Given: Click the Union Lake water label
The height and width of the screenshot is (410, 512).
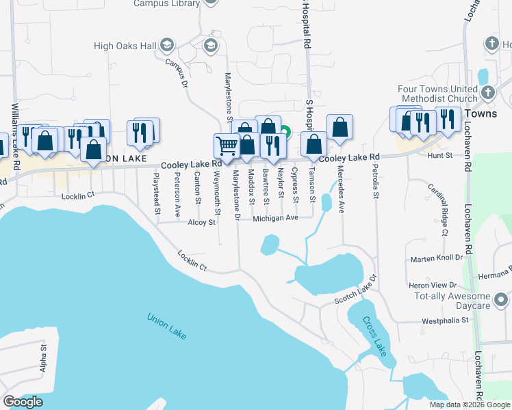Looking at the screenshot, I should [167, 327].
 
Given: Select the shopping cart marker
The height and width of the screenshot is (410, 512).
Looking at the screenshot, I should [226, 145].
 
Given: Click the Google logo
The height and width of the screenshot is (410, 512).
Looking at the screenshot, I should [23, 402].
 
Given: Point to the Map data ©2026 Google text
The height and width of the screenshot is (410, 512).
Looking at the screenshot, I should [469, 405].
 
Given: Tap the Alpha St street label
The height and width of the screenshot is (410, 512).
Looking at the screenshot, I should [42, 357].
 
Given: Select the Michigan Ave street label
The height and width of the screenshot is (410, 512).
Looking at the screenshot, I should [275, 218].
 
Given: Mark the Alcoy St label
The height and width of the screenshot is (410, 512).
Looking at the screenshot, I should [201, 222].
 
